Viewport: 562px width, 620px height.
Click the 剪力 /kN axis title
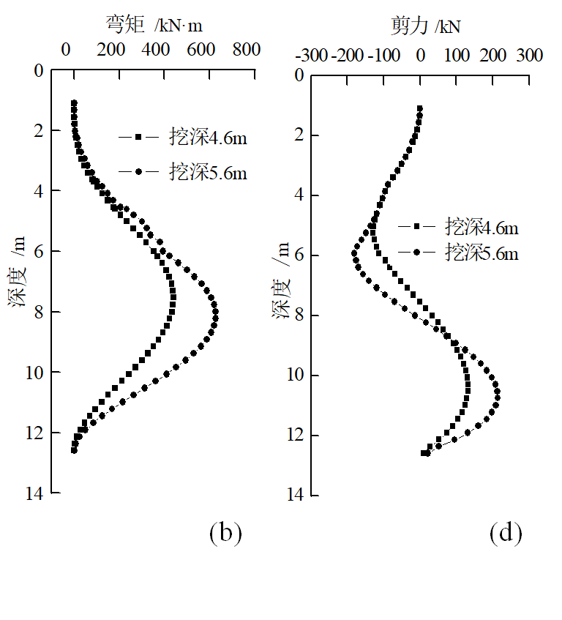(x=425, y=27)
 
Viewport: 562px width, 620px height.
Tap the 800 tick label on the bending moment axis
(x=247, y=50)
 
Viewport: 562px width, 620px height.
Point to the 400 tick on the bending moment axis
(x=156, y=50)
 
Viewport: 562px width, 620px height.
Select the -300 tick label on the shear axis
(x=310, y=56)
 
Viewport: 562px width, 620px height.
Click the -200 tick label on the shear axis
(x=347, y=56)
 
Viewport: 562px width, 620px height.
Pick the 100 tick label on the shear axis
(x=457, y=56)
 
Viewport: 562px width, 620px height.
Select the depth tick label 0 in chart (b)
(x=40, y=70)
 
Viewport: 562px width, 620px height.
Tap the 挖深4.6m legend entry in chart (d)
(x=458, y=228)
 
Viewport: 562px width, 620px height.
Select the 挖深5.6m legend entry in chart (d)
(x=458, y=253)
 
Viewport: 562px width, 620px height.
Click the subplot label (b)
(x=225, y=532)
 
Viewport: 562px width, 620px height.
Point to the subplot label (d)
(x=506, y=532)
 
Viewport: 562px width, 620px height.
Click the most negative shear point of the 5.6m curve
(x=354, y=255)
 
